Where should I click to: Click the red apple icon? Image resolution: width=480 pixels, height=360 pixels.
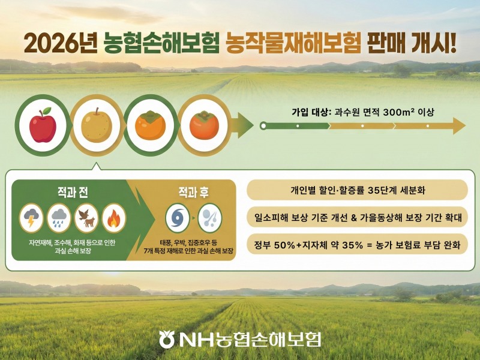[x=43, y=125]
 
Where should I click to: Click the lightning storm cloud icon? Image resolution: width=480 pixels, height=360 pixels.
[x=31, y=217]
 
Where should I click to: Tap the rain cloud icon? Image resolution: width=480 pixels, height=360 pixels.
[x=59, y=217]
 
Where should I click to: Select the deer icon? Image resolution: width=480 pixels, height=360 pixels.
[x=86, y=217]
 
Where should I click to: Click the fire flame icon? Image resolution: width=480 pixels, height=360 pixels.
[x=113, y=217]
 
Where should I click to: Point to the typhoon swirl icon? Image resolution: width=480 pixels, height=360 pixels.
[x=177, y=217]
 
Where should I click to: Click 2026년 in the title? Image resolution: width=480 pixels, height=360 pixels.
[x=60, y=43]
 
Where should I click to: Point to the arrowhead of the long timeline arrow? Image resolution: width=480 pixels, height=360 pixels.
[x=458, y=126]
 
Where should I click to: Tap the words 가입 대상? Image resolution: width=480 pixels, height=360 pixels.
[x=311, y=112]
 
